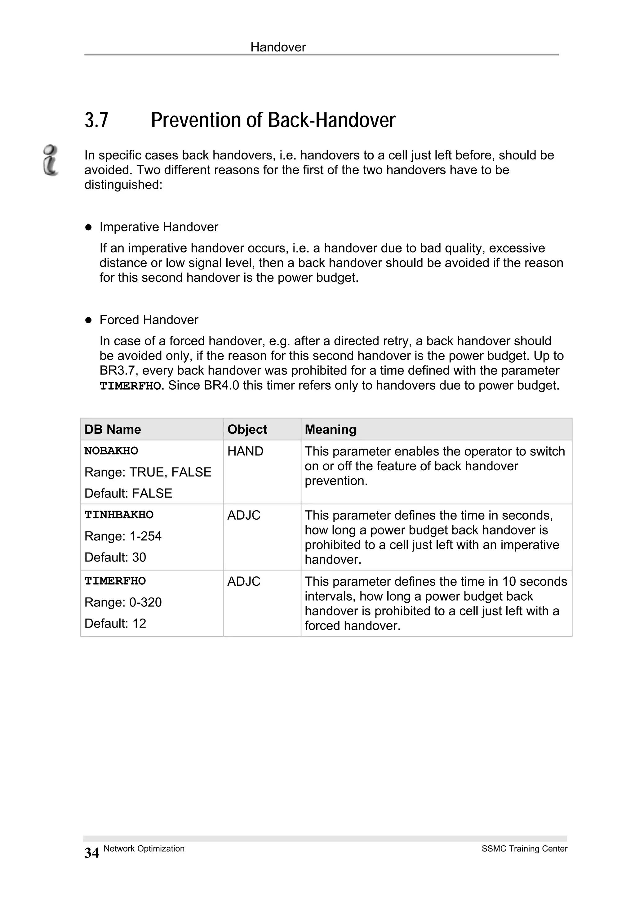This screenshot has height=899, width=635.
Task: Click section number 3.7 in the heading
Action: pyautogui.click(x=96, y=120)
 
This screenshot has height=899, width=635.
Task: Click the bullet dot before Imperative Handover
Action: pyautogui.click(x=88, y=227)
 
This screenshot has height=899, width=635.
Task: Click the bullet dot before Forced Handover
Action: pyautogui.click(x=88, y=320)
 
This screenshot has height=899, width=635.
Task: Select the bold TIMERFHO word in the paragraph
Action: pyautogui.click(x=130, y=386)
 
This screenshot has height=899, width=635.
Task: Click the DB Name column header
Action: pyautogui.click(x=113, y=430)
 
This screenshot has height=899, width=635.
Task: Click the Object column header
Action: pyautogui.click(x=247, y=430)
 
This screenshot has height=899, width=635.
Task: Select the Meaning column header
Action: pyautogui.click(x=330, y=430)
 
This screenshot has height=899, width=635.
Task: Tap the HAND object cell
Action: pyautogui.click(x=245, y=451)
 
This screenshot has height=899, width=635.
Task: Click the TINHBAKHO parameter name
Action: pyautogui.click(x=119, y=515)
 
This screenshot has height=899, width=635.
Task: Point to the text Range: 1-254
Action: pyautogui.click(x=123, y=536)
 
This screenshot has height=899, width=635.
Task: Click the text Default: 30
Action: pyautogui.click(x=115, y=557)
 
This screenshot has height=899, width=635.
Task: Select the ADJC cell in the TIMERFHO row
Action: pyautogui.click(x=244, y=581)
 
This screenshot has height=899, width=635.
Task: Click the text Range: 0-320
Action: pyautogui.click(x=123, y=602)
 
